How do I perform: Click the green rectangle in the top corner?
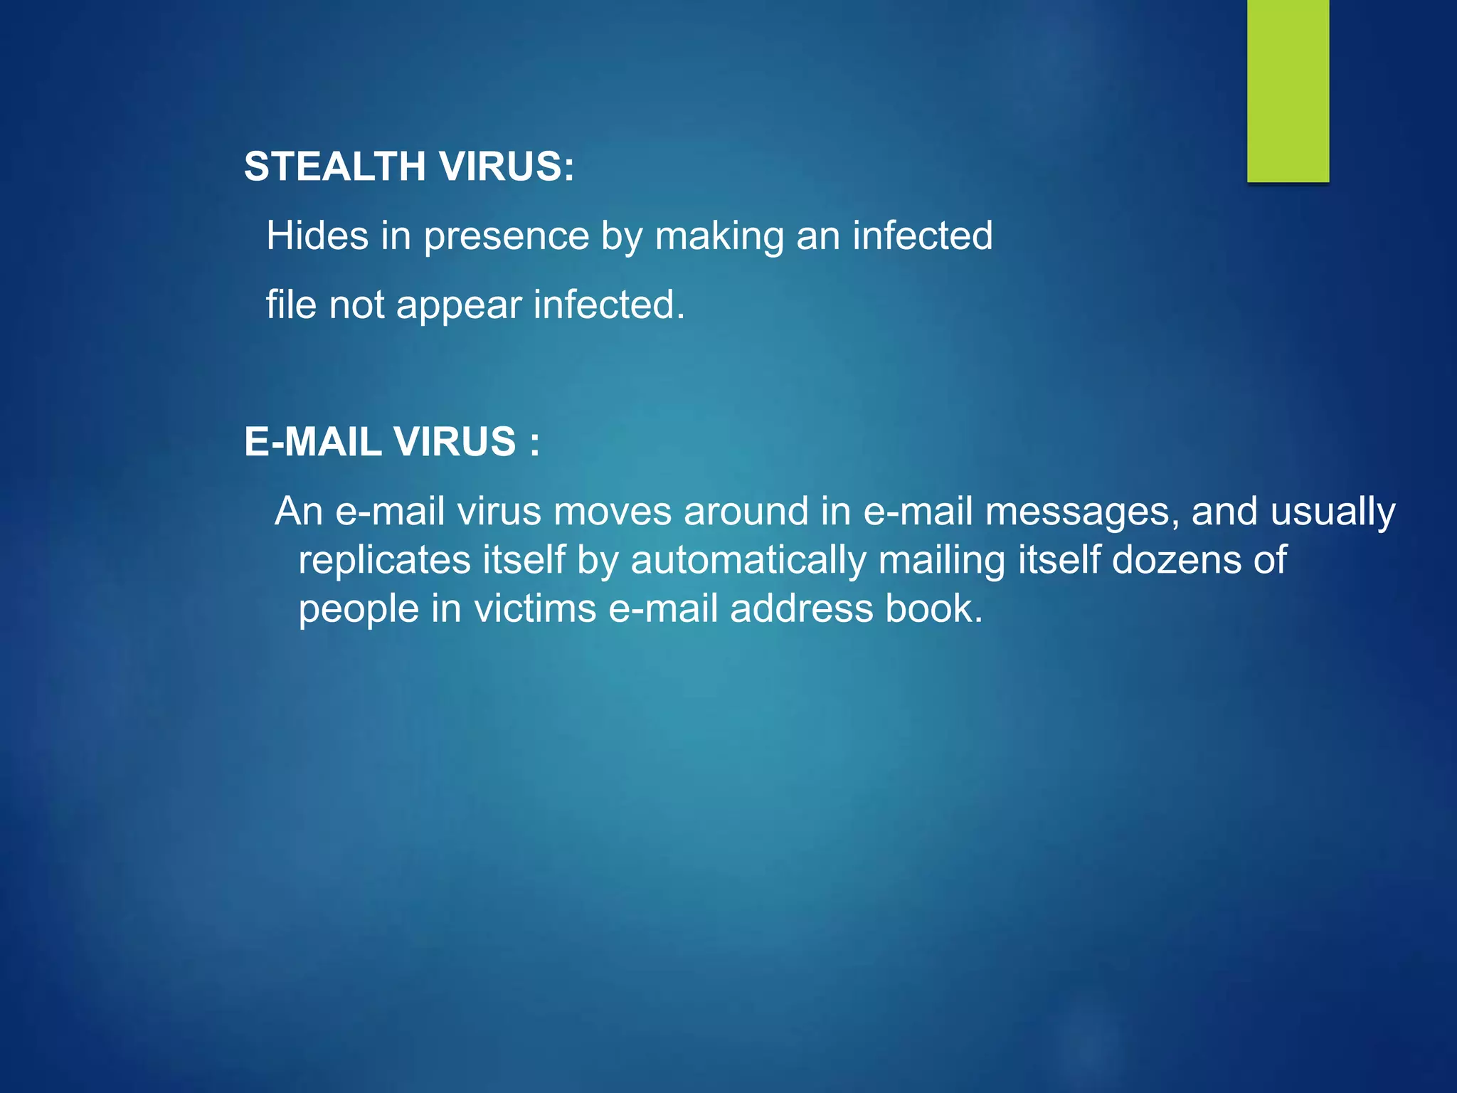point(1288,90)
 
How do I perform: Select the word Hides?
point(317,236)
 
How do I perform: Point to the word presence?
point(506,237)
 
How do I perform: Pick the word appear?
point(459,306)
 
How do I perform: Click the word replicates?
point(384,561)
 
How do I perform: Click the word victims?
point(535,609)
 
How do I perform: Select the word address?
point(801,609)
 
